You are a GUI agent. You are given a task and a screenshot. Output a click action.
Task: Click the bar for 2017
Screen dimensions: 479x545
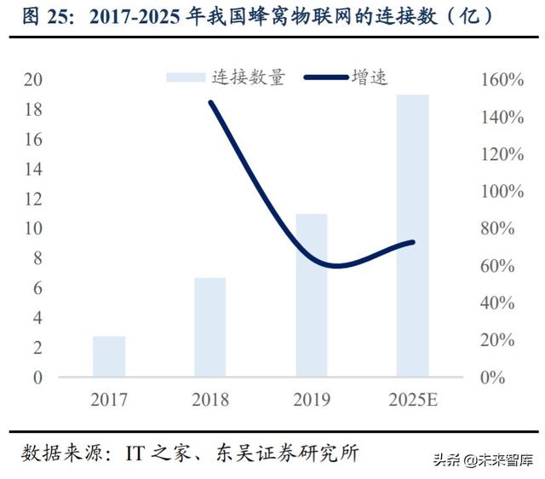(x=109, y=356)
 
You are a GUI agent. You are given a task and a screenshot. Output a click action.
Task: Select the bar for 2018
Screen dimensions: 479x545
(x=210, y=327)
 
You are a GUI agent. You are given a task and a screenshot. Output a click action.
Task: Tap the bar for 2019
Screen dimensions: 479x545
(x=312, y=295)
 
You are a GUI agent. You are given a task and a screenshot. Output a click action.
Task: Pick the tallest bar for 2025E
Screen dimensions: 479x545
(x=413, y=235)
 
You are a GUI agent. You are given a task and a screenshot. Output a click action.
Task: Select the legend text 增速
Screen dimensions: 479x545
(x=370, y=78)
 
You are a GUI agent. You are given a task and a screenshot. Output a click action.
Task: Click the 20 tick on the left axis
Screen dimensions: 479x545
(x=34, y=80)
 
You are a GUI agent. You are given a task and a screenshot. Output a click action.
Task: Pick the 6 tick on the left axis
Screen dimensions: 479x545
(x=37, y=288)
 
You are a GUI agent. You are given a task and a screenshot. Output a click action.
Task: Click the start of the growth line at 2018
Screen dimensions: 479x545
(x=210, y=102)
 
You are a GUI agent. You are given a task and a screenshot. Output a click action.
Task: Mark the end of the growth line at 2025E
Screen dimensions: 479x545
(x=413, y=242)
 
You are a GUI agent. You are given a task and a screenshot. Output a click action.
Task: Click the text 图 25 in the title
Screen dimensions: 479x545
(x=40, y=16)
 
